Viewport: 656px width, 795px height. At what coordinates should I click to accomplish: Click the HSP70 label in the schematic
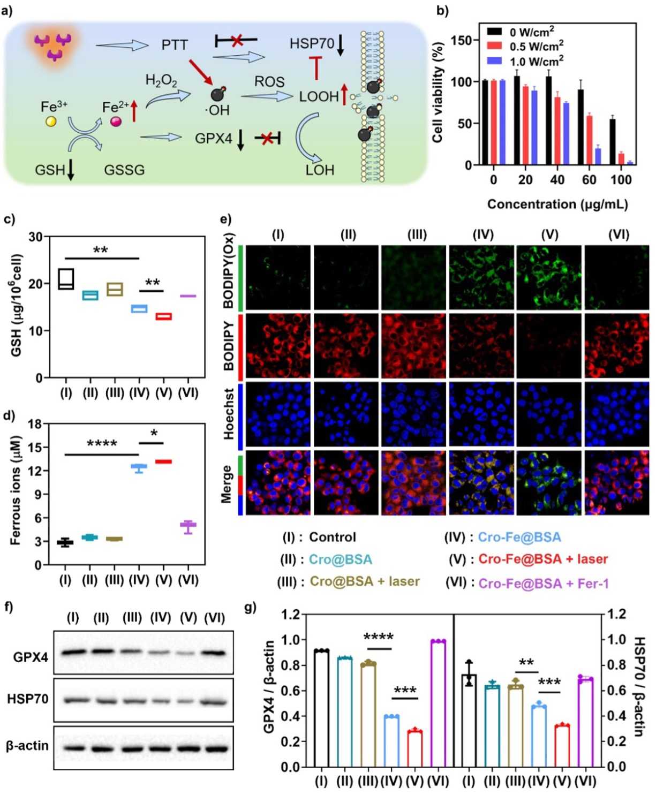311,43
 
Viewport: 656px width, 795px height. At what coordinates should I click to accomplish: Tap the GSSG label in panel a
124,170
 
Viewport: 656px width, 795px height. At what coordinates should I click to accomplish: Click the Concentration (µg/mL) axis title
557,205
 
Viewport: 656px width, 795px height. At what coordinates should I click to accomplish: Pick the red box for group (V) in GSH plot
164,316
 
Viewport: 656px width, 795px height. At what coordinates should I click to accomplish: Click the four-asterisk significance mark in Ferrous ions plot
102,444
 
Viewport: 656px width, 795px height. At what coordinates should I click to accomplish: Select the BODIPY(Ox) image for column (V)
549,277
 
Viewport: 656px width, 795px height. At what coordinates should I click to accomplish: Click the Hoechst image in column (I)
278,414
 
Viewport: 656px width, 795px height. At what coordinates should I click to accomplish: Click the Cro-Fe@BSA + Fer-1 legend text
544,583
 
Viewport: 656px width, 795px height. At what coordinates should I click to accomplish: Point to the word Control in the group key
333,537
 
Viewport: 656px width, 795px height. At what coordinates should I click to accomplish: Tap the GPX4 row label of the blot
31,657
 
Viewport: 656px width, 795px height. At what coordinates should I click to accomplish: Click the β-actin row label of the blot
27,746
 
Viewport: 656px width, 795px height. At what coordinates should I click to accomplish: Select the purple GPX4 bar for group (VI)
438,703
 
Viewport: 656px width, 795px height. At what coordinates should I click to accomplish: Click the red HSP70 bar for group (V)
562,746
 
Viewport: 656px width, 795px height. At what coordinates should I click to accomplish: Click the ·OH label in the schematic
217,111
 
